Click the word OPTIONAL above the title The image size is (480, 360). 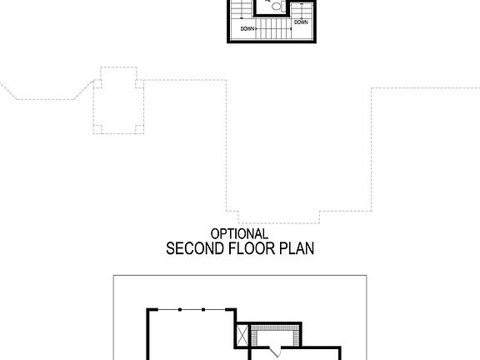(x=239, y=234)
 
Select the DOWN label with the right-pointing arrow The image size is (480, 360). (x=247, y=29)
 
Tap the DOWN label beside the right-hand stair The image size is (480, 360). (x=300, y=22)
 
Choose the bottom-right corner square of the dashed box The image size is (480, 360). (x=137, y=128)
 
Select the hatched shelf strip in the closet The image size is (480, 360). (x=270, y=327)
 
